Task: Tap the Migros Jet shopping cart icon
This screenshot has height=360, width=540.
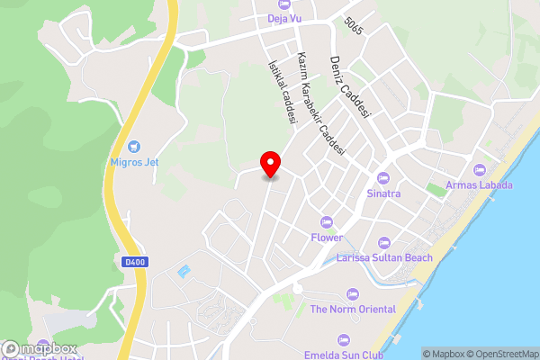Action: pyautogui.click(x=134, y=146)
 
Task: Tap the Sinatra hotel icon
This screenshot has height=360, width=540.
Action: pyautogui.click(x=383, y=178)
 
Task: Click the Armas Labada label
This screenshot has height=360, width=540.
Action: pyautogui.click(x=480, y=185)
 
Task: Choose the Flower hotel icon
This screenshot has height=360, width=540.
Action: pyautogui.click(x=327, y=222)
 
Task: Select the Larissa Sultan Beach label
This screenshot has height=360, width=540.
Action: pyautogui.click(x=384, y=257)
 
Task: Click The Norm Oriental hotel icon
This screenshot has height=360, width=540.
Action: pyautogui.click(x=353, y=294)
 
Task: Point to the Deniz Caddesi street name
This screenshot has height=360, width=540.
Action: pyautogui.click(x=351, y=85)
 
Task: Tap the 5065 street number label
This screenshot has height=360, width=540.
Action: pyautogui.click(x=354, y=28)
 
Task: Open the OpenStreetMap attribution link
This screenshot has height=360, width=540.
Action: pyautogui.click(x=501, y=354)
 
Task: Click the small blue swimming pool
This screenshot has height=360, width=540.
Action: pyautogui.click(x=184, y=270)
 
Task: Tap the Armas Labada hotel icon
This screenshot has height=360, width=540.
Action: pyautogui.click(x=480, y=170)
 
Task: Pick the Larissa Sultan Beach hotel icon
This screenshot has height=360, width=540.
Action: pyautogui.click(x=384, y=242)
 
